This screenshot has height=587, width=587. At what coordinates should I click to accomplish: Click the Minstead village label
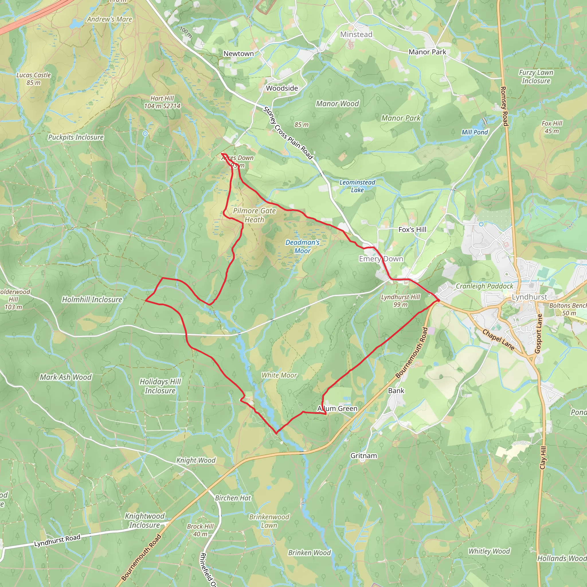pyautogui.click(x=356, y=34)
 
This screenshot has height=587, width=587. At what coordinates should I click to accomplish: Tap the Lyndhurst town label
pyautogui.click(x=530, y=297)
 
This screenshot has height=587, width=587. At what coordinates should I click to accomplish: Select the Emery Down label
pyautogui.click(x=381, y=259)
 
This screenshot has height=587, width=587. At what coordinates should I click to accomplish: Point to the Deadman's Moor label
pyautogui.click(x=302, y=246)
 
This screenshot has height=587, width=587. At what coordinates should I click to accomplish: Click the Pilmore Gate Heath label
pyautogui.click(x=254, y=215)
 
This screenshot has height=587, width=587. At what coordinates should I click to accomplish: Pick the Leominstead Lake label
pyautogui.click(x=357, y=186)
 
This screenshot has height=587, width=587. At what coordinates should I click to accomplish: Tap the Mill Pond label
pyautogui.click(x=475, y=132)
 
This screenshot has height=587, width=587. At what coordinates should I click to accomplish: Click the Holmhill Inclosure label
pyautogui.click(x=92, y=300)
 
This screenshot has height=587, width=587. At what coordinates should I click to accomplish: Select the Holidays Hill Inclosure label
pyautogui.click(x=160, y=386)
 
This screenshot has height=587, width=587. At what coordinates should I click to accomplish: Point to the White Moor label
pyautogui.click(x=279, y=375)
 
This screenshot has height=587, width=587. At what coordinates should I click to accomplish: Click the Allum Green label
pyautogui.click(x=337, y=409)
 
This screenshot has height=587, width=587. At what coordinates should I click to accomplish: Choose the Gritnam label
pyautogui.click(x=364, y=456)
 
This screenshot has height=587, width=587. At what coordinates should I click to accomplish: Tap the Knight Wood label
pyautogui.click(x=196, y=460)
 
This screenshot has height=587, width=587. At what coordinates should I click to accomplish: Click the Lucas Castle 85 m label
pyautogui.click(x=34, y=79)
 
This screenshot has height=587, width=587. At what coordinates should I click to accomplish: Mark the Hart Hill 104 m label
pyautogui.click(x=162, y=102)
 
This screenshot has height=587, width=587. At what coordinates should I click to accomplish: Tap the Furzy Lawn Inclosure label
pyautogui.click(x=536, y=77)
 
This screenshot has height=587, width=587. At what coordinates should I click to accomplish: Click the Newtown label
pyautogui.click(x=238, y=54)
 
